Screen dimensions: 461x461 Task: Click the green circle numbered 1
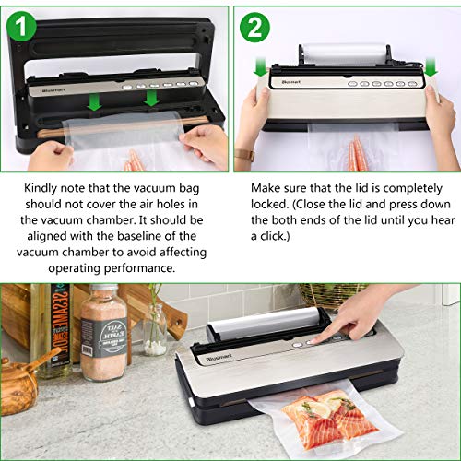[x=21, y=27]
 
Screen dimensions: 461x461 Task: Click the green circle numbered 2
[x=254, y=27]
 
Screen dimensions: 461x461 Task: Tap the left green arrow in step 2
[x=261, y=68]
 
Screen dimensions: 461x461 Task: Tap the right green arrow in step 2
[x=431, y=68]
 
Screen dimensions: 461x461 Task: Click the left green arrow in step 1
[x=94, y=102]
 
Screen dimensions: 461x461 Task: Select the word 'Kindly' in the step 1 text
[x=41, y=189]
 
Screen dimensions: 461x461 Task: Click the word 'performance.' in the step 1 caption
[x=139, y=268]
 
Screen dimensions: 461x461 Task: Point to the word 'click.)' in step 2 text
[x=275, y=236]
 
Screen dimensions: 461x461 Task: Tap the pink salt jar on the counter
[x=103, y=333]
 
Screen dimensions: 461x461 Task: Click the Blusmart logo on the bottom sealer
[x=219, y=358]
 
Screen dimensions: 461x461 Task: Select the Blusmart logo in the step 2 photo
[x=290, y=82]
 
